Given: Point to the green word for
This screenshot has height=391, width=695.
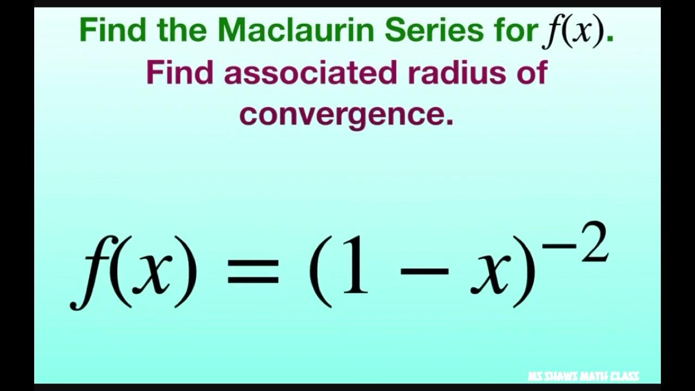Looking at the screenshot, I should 515,31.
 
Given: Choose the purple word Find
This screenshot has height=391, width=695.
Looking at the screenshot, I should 180,72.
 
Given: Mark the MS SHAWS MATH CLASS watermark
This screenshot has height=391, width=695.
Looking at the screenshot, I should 583,376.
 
